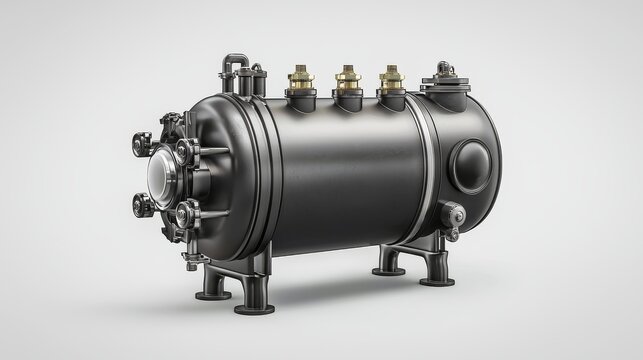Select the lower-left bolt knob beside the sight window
click(x=139, y=206)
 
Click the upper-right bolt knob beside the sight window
click(x=185, y=151)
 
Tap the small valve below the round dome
click(x=455, y=213)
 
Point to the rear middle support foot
click(x=389, y=264)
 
